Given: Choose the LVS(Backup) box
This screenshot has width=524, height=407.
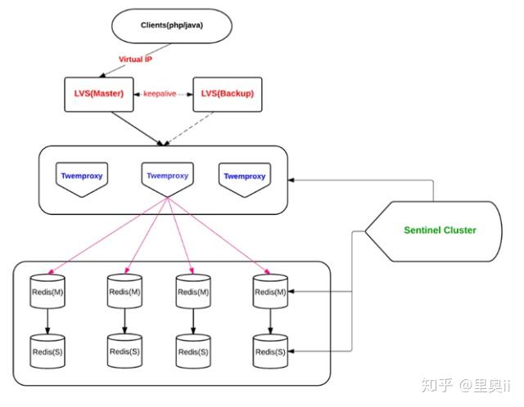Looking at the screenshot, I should (223, 93).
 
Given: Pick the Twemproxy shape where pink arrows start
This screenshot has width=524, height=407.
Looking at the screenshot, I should (167, 179).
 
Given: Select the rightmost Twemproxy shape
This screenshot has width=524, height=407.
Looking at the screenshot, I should (245, 178).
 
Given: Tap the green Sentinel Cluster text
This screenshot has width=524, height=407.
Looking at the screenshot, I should (440, 230).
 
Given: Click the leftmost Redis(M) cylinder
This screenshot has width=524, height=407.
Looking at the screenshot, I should (47, 293).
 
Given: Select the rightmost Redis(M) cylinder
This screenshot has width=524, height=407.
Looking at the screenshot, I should (270, 292).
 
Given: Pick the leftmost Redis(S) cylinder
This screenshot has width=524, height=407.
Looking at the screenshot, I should (47, 351).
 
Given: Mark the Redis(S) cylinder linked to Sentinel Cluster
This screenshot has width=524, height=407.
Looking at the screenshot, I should (270, 351).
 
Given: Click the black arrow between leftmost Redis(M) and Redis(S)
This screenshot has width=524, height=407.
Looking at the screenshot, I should (47, 320).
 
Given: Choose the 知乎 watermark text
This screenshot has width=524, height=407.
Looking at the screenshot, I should (434, 383).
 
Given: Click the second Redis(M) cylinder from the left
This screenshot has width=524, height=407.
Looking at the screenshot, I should (124, 292).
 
